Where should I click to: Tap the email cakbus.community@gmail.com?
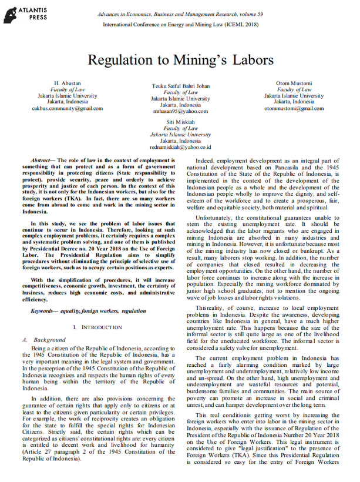[67, 108]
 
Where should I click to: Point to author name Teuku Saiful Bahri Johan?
[181, 85]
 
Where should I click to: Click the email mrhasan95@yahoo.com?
[181, 111]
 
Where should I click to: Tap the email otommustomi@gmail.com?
[294, 108]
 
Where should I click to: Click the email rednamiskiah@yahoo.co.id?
[181, 147]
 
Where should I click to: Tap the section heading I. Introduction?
[95, 326]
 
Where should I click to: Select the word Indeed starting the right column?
[203, 160]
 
